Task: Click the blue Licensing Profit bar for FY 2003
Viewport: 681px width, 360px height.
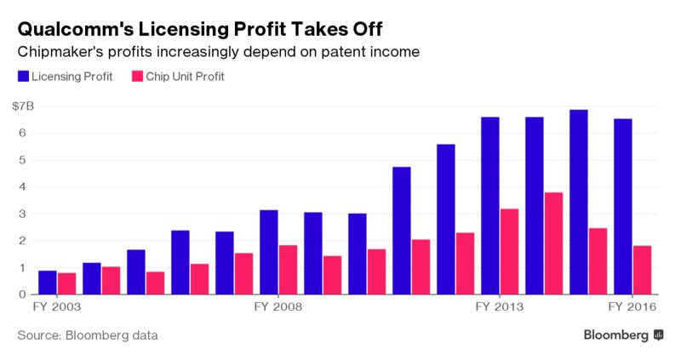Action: (48, 283)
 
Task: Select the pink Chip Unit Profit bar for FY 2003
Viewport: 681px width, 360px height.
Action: (67, 283)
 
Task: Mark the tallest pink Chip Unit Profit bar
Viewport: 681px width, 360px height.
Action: (554, 243)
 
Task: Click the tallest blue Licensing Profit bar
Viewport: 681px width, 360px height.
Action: (579, 202)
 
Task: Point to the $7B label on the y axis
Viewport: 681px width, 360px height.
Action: (23, 106)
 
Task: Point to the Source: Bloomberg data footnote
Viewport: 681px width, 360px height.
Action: (88, 336)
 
